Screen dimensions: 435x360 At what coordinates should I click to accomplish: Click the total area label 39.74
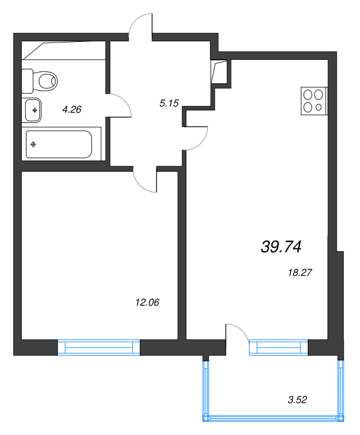pyautogui.click(x=281, y=247)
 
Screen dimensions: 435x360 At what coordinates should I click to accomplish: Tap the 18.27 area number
pyautogui.click(x=299, y=273)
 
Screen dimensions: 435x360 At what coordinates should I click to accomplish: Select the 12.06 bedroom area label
pyautogui.click(x=147, y=302)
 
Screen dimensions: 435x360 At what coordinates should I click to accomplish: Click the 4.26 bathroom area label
pyautogui.click(x=72, y=109)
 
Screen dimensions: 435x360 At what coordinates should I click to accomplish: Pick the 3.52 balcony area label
pyautogui.click(x=297, y=401)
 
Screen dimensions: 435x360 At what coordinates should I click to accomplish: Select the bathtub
pyautogui.click(x=58, y=144)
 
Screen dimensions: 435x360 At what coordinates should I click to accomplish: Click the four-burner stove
pyautogui.click(x=313, y=101)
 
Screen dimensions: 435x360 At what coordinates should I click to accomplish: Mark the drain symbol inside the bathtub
pyautogui.click(x=34, y=144)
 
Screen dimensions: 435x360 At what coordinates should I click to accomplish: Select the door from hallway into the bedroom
pyautogui.click(x=146, y=179)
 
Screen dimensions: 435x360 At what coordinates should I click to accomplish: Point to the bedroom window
pyautogui.click(x=98, y=347)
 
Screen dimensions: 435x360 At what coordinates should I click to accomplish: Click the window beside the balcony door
pyautogui.click(x=278, y=347)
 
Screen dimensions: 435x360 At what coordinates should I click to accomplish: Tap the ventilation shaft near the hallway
pyautogui.click(x=220, y=71)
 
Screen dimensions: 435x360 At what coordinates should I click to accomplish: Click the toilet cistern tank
pyautogui.click(x=27, y=81)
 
